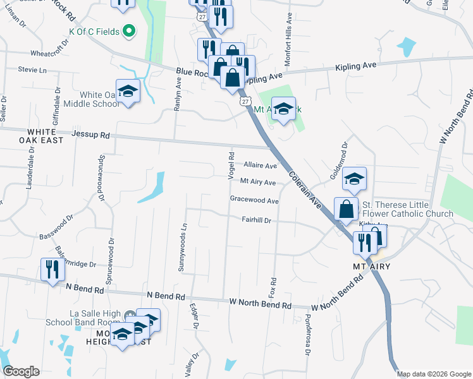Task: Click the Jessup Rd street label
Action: [x=90, y=135]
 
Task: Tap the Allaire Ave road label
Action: [x=261, y=165]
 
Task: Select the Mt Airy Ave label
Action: [x=258, y=183]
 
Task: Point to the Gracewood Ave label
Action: [x=254, y=200]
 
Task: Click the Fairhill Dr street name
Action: [x=256, y=220]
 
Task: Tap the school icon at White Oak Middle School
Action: [x=128, y=92]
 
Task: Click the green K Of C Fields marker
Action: [x=129, y=30]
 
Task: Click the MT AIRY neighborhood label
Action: [x=371, y=267]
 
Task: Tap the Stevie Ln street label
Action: [x=32, y=69]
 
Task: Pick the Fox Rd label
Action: [x=273, y=287]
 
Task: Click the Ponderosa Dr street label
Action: [x=307, y=335]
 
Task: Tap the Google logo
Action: [x=21, y=371]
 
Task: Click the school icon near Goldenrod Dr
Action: [x=355, y=179]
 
